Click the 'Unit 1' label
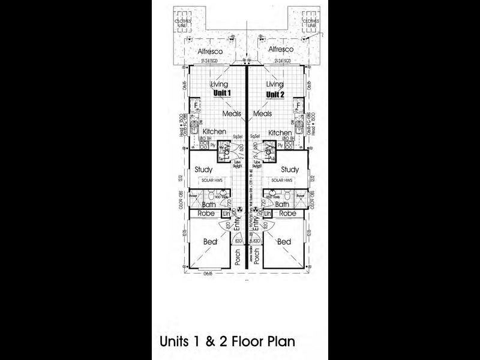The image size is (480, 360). [x=223, y=95]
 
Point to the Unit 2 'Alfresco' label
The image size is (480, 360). [x=281, y=49]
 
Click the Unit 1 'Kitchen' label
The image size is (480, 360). [x=214, y=132]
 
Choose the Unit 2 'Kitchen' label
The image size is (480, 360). [x=280, y=133]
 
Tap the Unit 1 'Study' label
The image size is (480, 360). [x=204, y=170]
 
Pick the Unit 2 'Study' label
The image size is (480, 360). [x=290, y=170]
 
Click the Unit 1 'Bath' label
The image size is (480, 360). [x=208, y=205]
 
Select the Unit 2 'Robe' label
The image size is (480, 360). [x=288, y=214]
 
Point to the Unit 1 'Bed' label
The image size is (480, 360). [x=209, y=242]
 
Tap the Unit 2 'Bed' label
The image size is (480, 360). [x=284, y=242]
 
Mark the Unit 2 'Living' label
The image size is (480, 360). [x=274, y=85]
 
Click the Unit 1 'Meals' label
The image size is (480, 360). [x=232, y=113]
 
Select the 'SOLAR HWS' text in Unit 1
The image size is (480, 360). [x=210, y=180]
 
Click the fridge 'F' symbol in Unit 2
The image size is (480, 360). [x=298, y=107]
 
